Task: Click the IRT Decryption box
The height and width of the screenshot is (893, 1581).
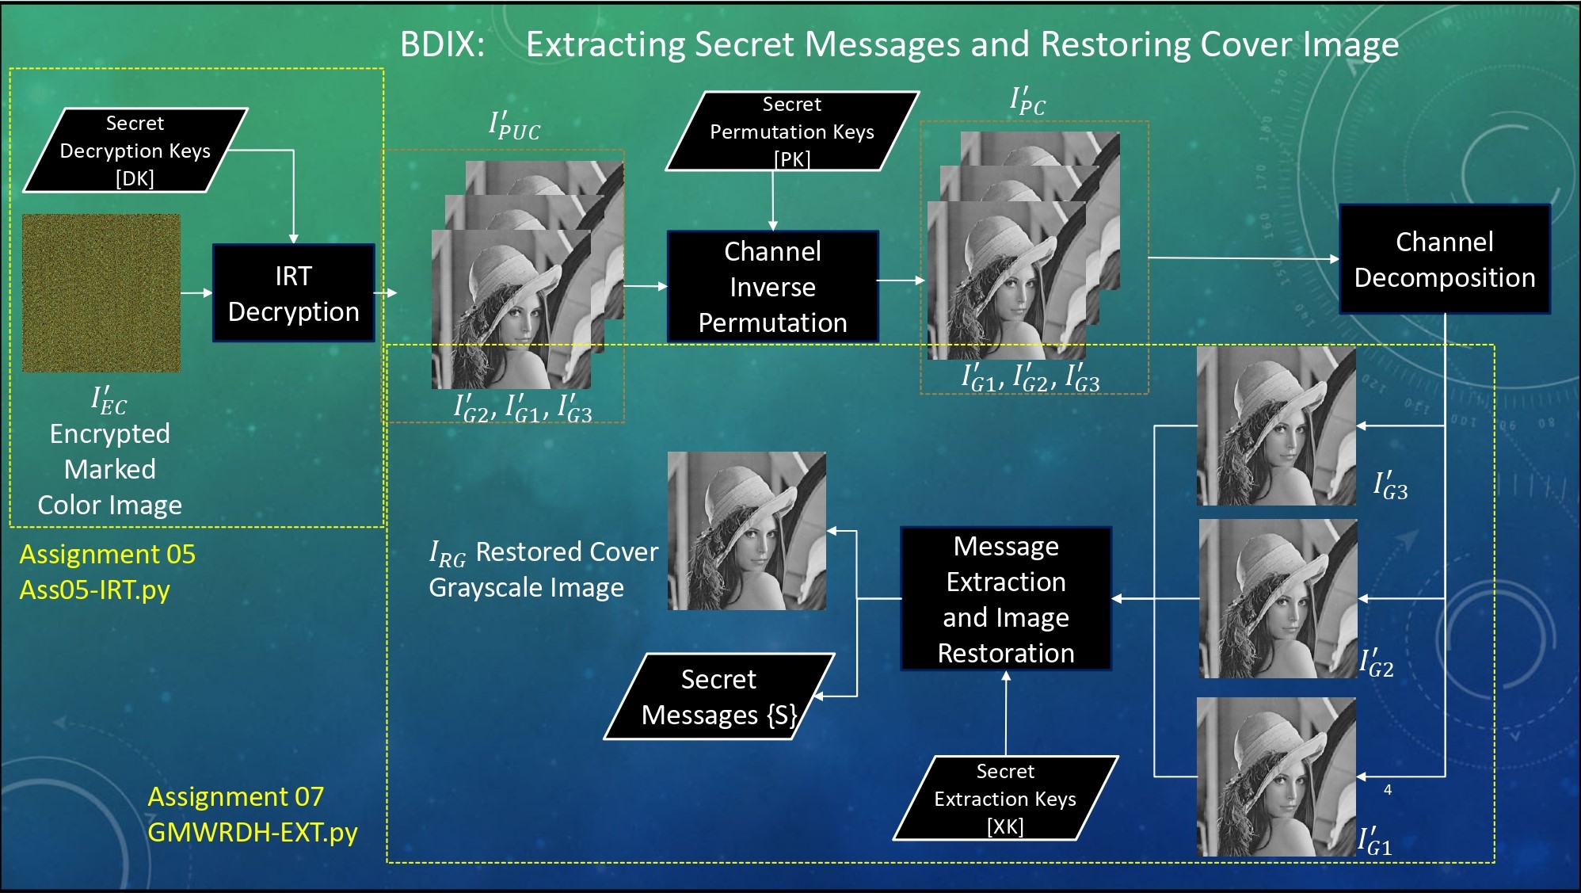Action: tap(293, 293)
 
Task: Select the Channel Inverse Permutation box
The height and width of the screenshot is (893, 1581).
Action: tap(772, 287)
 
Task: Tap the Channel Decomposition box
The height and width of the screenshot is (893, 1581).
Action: tap(1444, 259)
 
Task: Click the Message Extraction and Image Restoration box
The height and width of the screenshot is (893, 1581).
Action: tap(1006, 599)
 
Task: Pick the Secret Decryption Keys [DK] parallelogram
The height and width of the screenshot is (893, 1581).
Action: tap(135, 151)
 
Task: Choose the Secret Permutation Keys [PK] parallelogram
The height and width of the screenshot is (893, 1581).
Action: tap(791, 132)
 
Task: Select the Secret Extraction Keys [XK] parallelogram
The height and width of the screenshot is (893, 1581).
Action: tap(1004, 798)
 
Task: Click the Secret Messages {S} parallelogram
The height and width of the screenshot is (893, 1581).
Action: tap(718, 696)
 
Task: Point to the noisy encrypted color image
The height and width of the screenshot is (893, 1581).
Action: tap(101, 293)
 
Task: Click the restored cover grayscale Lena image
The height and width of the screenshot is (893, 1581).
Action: tap(746, 531)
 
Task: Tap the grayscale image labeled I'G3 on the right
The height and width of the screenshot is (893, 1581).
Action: tap(1276, 426)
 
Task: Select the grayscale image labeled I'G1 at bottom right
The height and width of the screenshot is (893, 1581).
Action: tap(1276, 777)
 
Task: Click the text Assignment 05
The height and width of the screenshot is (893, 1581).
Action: tap(107, 554)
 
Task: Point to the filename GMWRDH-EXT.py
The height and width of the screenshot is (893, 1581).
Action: tap(252, 832)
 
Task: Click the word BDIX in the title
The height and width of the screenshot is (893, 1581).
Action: tap(442, 44)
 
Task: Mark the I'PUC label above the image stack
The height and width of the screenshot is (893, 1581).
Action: tap(514, 126)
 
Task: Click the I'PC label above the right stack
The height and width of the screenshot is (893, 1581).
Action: tap(1027, 101)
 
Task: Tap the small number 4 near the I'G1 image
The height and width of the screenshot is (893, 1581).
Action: tap(1388, 789)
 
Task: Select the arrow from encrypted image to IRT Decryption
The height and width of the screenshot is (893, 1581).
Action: tap(196, 293)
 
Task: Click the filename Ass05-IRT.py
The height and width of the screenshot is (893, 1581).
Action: tap(94, 590)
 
